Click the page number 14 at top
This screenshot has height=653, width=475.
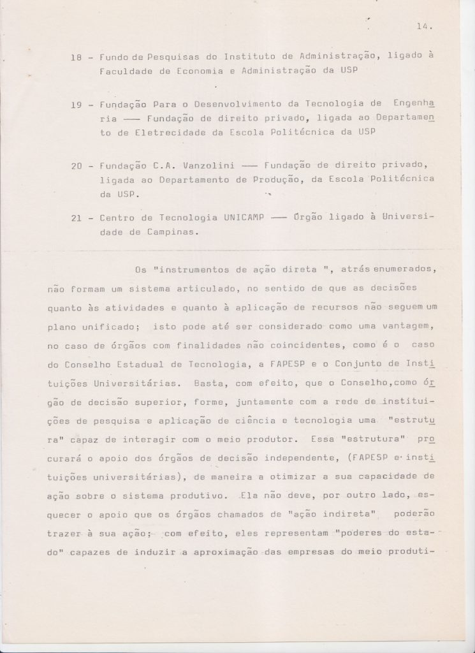[x=423, y=27]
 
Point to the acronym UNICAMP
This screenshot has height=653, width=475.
[x=230, y=217]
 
